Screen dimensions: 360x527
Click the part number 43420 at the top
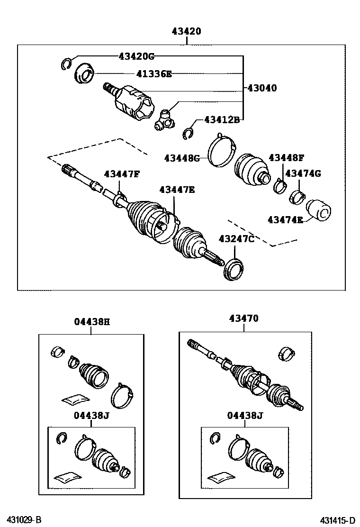click(186, 31)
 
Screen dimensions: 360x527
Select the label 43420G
click(136, 56)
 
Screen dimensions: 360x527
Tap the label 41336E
click(154, 73)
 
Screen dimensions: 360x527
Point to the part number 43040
click(262, 88)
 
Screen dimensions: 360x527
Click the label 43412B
click(222, 119)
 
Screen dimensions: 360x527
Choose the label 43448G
click(182, 158)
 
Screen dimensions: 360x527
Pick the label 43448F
click(287, 157)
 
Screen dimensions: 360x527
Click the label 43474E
click(286, 220)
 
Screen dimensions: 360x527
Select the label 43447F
click(122, 174)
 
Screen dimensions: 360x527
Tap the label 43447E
click(177, 190)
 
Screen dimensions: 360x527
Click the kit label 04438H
click(92, 322)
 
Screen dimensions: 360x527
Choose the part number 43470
click(244, 318)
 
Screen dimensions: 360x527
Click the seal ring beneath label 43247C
click(234, 269)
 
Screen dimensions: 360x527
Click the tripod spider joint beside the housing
click(165, 120)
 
